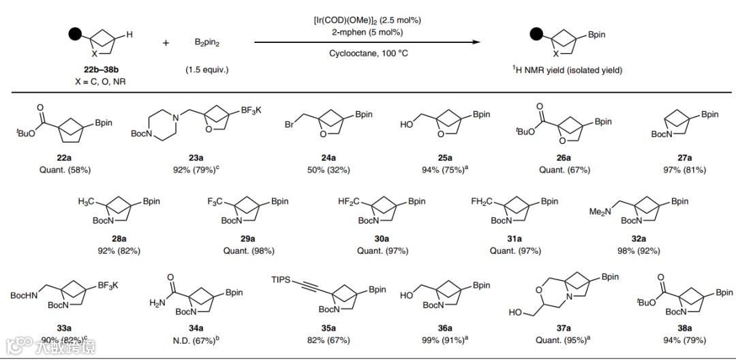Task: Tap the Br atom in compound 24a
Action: pyautogui.click(x=289, y=126)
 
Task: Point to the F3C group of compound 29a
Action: pyautogui.click(x=217, y=202)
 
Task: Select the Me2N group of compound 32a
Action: pyautogui.click(x=602, y=212)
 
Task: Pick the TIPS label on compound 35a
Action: pyautogui.click(x=283, y=280)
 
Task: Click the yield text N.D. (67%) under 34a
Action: pyautogui.click(x=196, y=340)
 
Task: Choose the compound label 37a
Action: pyautogui.click(x=564, y=328)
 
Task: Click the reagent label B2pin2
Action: pyautogui.click(x=207, y=43)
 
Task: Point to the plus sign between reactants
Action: pyautogui.click(x=166, y=43)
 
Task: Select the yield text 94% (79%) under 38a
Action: pyautogui.click(x=685, y=340)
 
